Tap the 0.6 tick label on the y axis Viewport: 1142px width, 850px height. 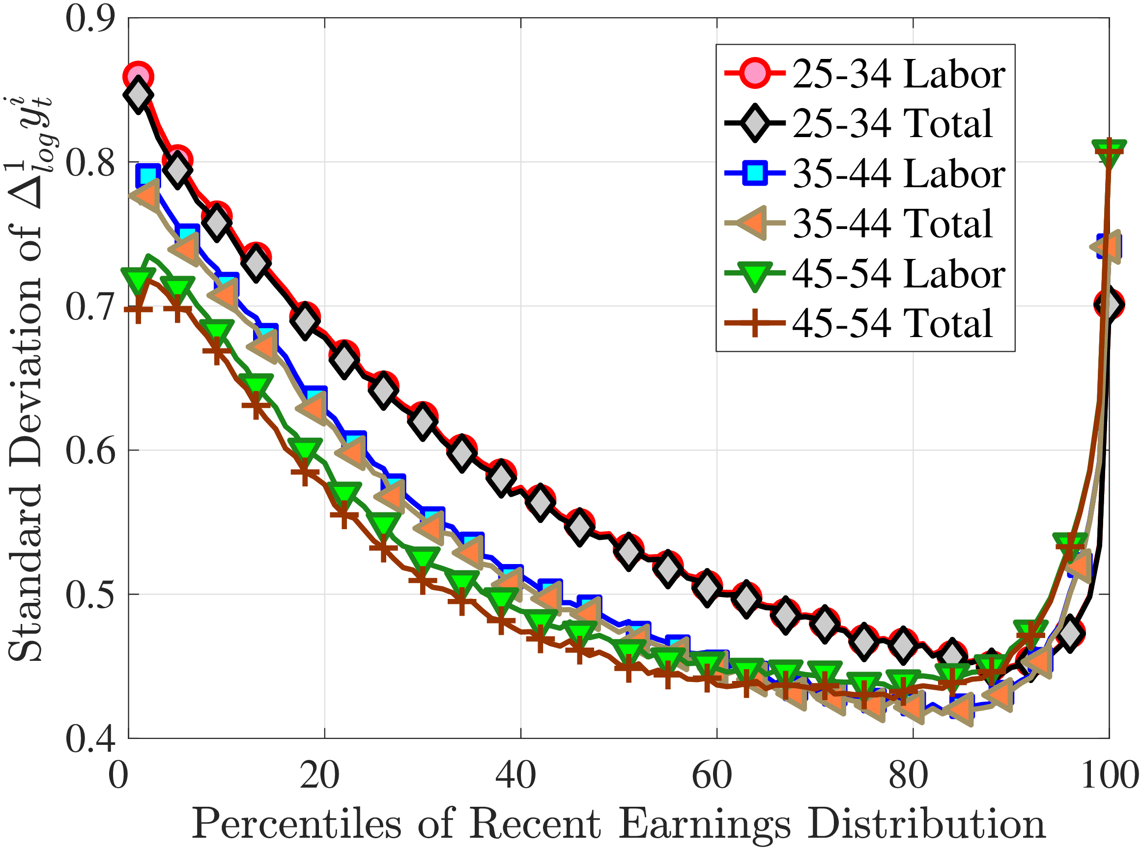click(x=89, y=451)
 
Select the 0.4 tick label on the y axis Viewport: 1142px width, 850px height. click(x=89, y=739)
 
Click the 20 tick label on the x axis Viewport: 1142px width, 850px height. click(x=319, y=775)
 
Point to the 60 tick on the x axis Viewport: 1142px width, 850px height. click(x=712, y=775)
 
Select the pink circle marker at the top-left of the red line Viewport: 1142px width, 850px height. click(x=138, y=77)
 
